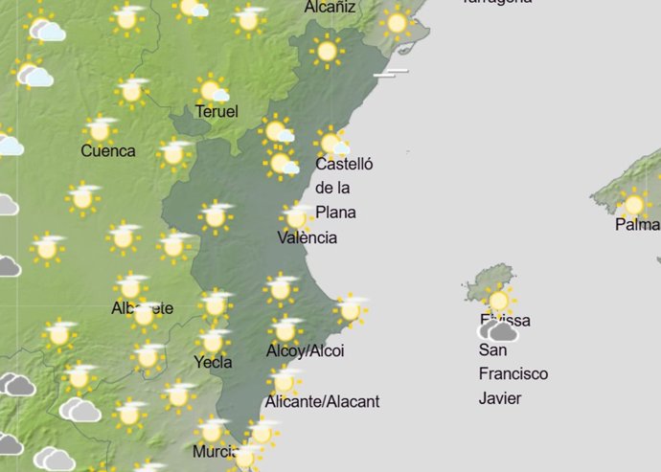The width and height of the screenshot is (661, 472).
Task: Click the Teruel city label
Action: coord(217,112)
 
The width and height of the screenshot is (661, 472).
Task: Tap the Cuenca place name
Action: coord(108,150)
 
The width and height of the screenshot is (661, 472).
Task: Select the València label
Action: coord(307,237)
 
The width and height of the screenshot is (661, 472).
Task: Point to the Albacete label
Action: coord(142,308)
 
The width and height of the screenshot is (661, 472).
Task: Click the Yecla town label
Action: coord(213,362)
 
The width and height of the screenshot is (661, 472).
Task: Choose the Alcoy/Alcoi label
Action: coord(305,351)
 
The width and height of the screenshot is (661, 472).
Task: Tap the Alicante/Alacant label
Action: coord(323,401)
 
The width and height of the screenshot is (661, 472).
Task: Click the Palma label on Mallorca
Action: coord(637,225)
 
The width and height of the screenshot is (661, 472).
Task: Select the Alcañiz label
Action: coord(330,8)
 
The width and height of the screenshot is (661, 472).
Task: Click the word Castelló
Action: coord(344,165)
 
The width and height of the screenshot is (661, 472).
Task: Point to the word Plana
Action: coord(335,212)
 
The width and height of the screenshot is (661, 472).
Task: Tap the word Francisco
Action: coord(513,373)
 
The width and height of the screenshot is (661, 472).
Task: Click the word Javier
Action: coord(499,397)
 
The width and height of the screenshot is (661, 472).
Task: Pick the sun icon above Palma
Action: coord(633,202)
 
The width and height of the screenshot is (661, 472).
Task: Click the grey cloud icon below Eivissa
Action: coord(498,332)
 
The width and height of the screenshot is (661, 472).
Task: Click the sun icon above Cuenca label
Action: coord(100,129)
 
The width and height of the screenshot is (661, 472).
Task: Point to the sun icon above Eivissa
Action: coord(498,300)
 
